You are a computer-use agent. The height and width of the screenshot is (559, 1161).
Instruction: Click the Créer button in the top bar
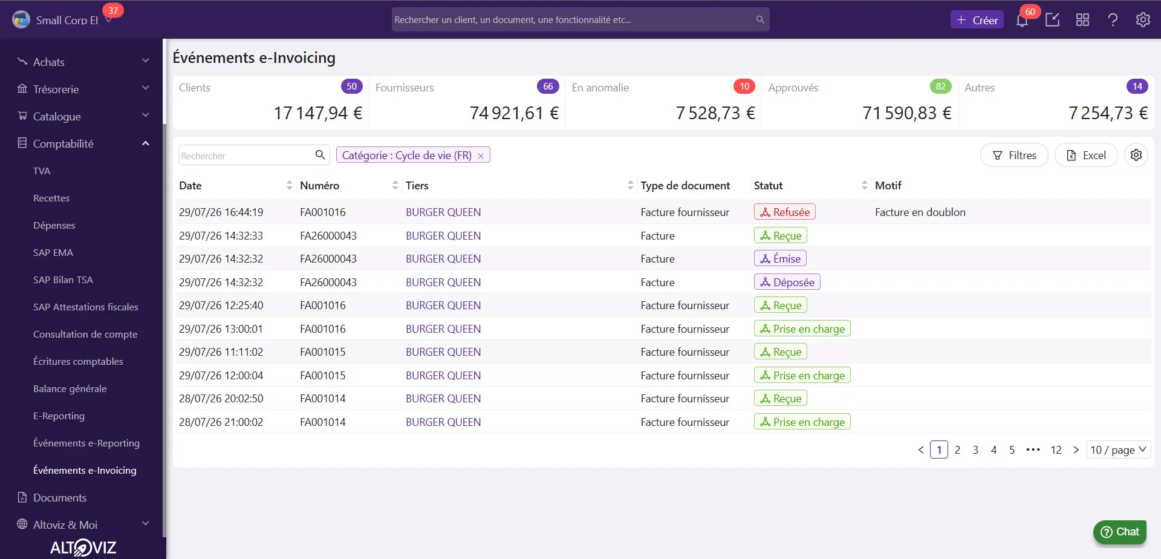tap(977, 20)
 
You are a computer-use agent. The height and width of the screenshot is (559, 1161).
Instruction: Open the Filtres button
tap(1014, 155)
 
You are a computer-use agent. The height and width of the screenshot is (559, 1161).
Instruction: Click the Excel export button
tap(1086, 155)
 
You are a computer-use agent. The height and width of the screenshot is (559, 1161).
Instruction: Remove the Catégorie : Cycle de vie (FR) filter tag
tap(481, 156)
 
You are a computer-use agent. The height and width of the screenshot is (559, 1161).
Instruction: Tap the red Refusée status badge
tap(785, 212)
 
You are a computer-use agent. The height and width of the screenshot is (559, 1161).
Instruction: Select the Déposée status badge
tap(787, 282)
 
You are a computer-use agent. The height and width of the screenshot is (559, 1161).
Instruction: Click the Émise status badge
tap(780, 258)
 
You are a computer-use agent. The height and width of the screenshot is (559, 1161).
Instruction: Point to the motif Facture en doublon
tap(920, 212)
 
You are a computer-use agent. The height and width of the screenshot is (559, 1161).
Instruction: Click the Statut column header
tap(768, 186)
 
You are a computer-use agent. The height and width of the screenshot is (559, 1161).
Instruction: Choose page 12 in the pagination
tap(1056, 450)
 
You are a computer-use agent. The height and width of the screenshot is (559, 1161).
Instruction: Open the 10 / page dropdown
tap(1118, 450)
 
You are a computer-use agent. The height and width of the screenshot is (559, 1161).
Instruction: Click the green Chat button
tap(1120, 532)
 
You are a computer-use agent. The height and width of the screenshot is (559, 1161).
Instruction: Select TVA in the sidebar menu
tap(42, 171)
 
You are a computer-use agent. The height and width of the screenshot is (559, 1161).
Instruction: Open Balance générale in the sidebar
tap(70, 389)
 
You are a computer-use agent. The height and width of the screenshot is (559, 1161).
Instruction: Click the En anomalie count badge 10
tap(744, 87)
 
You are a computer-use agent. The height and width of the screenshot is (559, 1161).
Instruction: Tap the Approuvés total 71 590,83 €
tap(906, 113)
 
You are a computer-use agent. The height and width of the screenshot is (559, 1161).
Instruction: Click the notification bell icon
tap(1022, 21)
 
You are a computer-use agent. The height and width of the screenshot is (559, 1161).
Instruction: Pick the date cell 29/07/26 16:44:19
tap(221, 212)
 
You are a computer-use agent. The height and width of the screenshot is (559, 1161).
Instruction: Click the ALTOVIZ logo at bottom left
tap(83, 548)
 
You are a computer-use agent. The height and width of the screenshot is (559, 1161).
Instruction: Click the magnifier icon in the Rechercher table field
tap(320, 155)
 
